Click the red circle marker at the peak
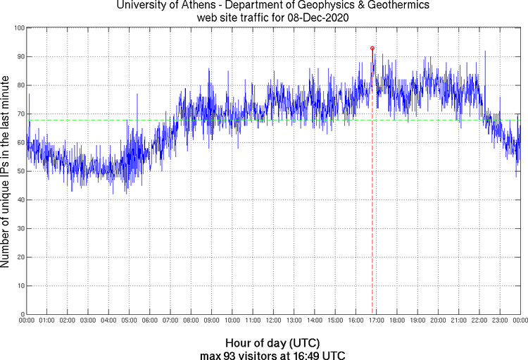(x=372, y=49)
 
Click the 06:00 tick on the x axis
(x=149, y=321)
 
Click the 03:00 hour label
(x=88, y=321)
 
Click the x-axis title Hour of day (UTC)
(x=264, y=343)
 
